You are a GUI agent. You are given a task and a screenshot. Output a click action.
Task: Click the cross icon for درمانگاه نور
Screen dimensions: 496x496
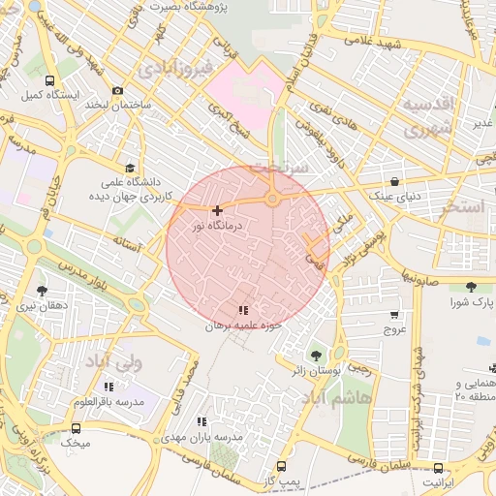217,210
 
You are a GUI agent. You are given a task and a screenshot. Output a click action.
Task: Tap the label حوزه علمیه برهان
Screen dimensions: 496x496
242,326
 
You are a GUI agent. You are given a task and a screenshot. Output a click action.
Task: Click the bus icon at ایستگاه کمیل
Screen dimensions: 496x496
50,82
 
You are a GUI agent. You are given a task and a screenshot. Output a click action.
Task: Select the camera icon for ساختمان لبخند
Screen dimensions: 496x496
117,90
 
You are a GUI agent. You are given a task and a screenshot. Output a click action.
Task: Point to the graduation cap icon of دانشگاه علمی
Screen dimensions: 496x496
130,168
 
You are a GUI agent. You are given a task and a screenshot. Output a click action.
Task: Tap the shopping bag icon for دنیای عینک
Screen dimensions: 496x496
394,181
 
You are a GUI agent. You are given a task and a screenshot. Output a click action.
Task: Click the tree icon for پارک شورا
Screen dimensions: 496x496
471,287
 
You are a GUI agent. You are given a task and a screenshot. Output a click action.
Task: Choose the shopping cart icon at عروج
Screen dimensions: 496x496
394,315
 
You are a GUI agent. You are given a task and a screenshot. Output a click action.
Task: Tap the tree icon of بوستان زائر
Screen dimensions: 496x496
314,356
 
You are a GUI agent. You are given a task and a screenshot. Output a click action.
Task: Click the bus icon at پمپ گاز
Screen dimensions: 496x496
281,467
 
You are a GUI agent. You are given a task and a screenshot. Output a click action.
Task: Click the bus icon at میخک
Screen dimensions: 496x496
77,428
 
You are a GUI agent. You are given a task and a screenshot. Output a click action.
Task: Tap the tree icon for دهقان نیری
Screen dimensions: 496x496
42,291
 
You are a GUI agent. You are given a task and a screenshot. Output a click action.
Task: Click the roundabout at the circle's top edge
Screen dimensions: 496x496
273,200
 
